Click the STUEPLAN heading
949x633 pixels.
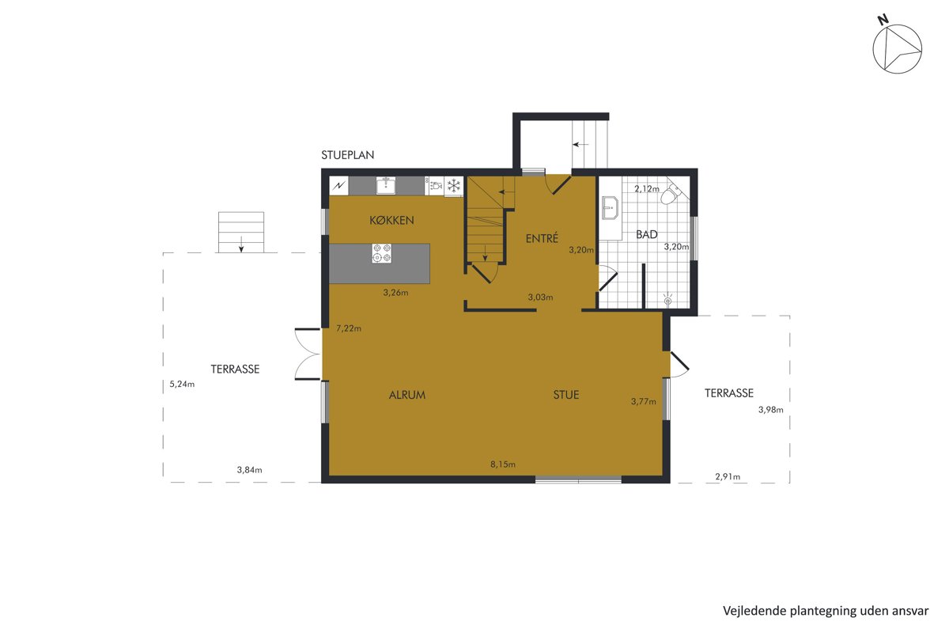click(x=347, y=155)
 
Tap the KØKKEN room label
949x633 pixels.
click(x=391, y=220)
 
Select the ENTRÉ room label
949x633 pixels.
click(x=542, y=238)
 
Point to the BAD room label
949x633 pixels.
click(x=647, y=234)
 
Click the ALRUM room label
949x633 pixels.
click(x=407, y=395)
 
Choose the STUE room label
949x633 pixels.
click(x=566, y=395)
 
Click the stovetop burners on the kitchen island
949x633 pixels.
click(x=381, y=253)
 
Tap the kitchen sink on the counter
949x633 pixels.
click(x=386, y=186)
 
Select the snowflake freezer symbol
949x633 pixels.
click(x=454, y=186)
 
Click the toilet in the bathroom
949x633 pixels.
click(x=671, y=194)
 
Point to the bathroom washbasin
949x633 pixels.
click(x=610, y=208)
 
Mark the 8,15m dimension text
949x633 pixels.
click(x=503, y=464)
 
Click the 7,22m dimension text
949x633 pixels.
click(x=349, y=328)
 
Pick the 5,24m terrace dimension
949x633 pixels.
click(x=182, y=384)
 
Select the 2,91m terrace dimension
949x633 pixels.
click(x=728, y=476)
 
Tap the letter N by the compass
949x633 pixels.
click(x=883, y=20)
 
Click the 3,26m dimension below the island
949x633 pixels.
click(x=395, y=293)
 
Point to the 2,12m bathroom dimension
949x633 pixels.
click(x=647, y=188)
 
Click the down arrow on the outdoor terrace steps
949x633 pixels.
click(x=241, y=244)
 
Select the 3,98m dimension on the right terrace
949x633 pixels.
click(x=770, y=410)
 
